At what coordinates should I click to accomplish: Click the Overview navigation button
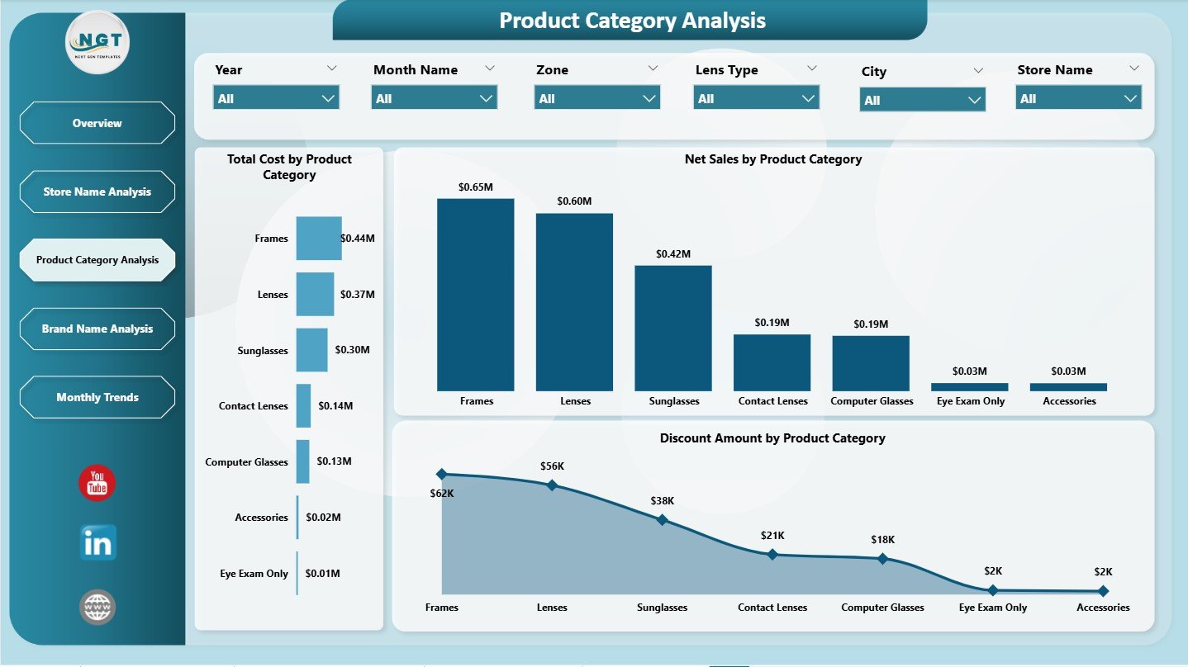tap(97, 123)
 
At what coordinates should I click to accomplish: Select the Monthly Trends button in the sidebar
tap(97, 397)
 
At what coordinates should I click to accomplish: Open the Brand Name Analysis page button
tap(97, 329)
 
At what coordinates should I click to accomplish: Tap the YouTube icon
tap(97, 483)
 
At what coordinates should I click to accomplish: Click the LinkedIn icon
tap(97, 543)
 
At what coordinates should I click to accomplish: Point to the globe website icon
tap(97, 607)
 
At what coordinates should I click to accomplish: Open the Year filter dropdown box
tap(276, 98)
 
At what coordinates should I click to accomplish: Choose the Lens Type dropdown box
tap(756, 98)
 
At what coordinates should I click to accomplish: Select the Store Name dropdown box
tap(1078, 98)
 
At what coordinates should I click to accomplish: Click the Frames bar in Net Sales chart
tap(476, 295)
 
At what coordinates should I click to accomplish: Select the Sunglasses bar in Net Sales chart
tap(673, 328)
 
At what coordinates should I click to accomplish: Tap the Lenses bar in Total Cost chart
tap(315, 294)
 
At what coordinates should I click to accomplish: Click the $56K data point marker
tap(552, 485)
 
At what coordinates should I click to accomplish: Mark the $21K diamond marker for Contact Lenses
tap(772, 554)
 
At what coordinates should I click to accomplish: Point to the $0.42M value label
tap(673, 254)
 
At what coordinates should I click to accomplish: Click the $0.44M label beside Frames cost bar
tap(358, 239)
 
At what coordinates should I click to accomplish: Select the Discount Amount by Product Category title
tap(772, 438)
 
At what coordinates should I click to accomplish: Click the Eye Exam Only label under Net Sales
tap(971, 401)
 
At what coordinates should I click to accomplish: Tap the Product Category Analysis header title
tap(632, 21)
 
